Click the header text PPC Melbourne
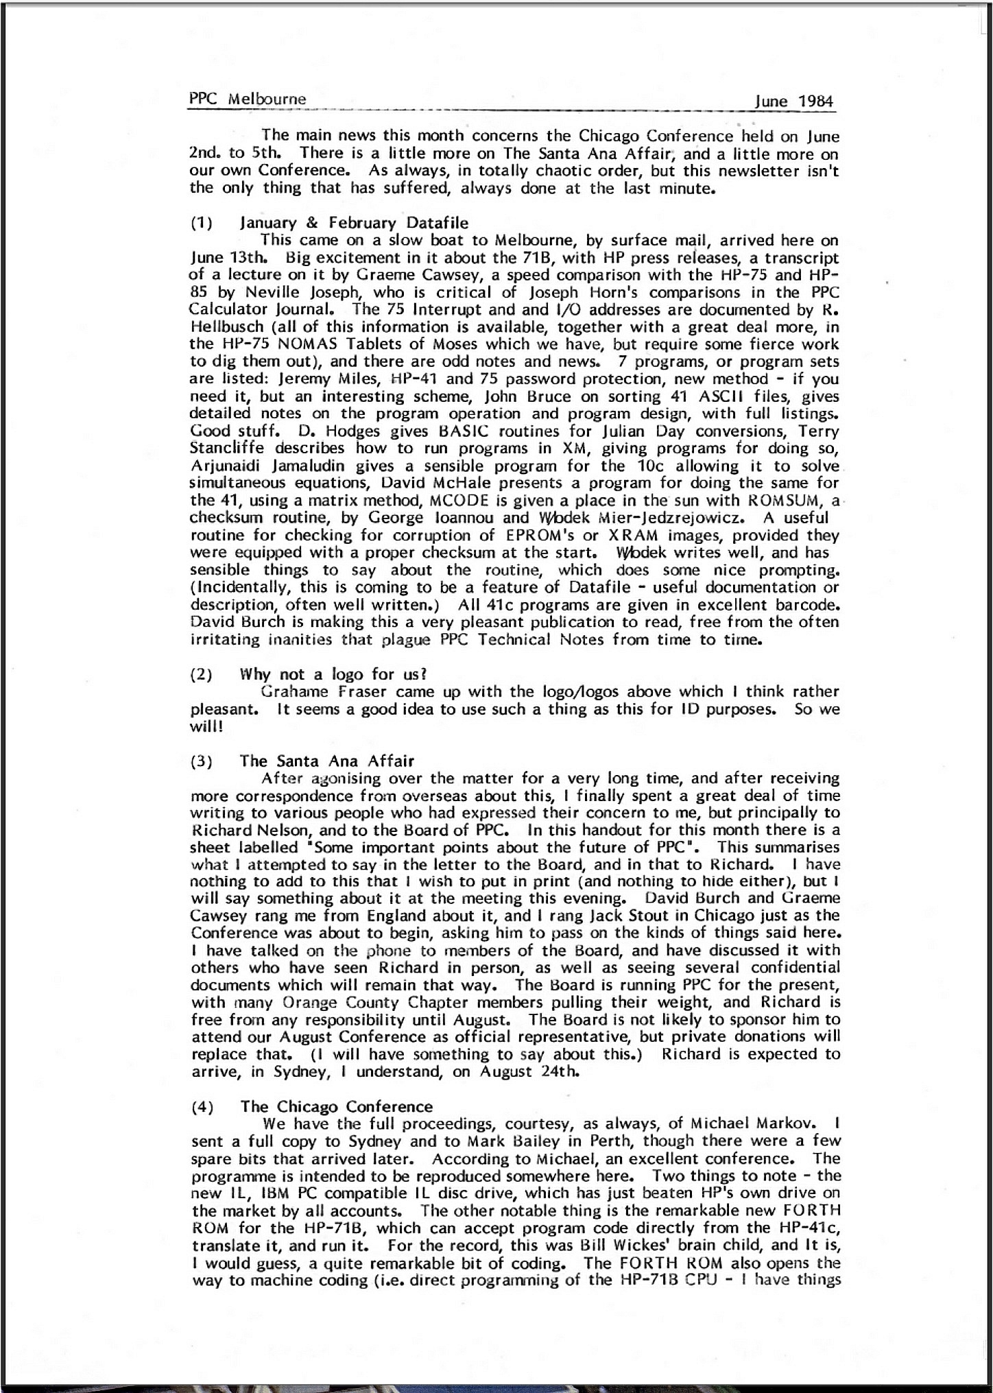(x=248, y=99)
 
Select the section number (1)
(x=201, y=223)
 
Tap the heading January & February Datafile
(x=354, y=223)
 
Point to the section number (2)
(x=201, y=674)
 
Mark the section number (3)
(x=201, y=761)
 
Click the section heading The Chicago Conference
(x=336, y=1106)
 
